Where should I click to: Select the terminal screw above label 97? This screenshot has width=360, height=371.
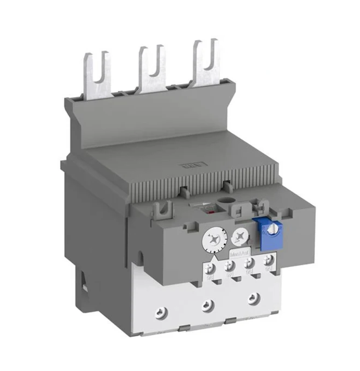pyautogui.click(x=230, y=266)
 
